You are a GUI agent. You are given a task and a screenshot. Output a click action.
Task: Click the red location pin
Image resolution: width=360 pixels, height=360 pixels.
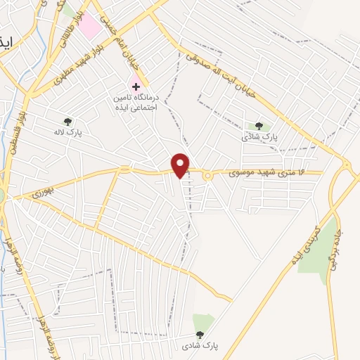pyautogui.click(x=181, y=165)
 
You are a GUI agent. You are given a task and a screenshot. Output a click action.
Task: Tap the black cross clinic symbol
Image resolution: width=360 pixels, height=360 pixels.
pyautogui.click(x=136, y=86)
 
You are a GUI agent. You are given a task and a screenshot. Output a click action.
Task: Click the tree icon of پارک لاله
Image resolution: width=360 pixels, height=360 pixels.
pyautogui.click(x=67, y=120)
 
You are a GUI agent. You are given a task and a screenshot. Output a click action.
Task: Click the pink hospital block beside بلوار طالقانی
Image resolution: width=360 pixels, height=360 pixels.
pyautogui.click(x=89, y=27)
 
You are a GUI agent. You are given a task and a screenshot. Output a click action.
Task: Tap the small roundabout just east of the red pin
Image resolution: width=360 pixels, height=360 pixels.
pyautogui.click(x=208, y=176)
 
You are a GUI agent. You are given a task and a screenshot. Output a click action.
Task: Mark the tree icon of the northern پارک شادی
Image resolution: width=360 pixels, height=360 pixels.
pyautogui.click(x=259, y=126)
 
